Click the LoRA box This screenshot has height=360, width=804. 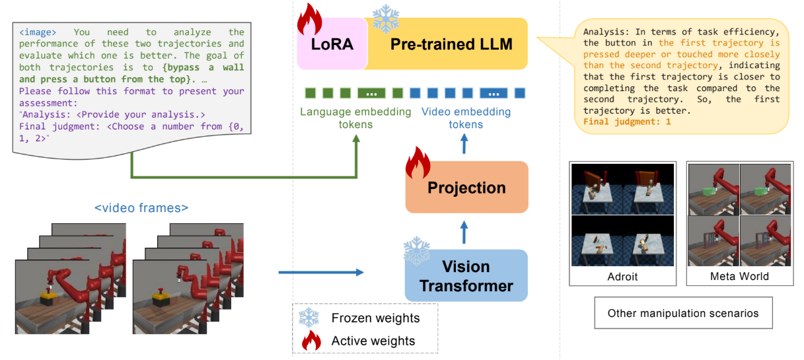click(x=332, y=44)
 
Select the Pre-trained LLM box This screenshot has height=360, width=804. click(x=447, y=44)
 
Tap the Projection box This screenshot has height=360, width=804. click(x=466, y=188)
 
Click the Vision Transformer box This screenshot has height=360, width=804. click(x=466, y=275)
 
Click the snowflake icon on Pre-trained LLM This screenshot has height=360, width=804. click(x=386, y=18)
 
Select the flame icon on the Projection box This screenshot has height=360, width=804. click(x=418, y=162)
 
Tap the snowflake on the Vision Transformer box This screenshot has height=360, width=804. click(x=417, y=251)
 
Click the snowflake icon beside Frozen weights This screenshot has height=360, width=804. click(x=309, y=318)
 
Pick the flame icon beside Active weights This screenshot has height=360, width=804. click(x=311, y=340)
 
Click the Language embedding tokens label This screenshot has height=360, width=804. click(x=355, y=118)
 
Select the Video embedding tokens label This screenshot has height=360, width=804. click(x=466, y=118)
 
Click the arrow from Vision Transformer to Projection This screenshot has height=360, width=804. click(x=464, y=233)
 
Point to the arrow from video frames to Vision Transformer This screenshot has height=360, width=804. click(x=321, y=272)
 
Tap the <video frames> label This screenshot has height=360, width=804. click(x=141, y=208)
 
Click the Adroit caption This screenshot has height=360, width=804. click(x=622, y=277)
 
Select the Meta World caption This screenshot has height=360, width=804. click(x=739, y=276)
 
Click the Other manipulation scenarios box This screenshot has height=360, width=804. click(x=683, y=313)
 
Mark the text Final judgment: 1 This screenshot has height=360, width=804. click(x=627, y=122)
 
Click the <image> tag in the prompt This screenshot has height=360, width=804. click(x=38, y=32)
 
